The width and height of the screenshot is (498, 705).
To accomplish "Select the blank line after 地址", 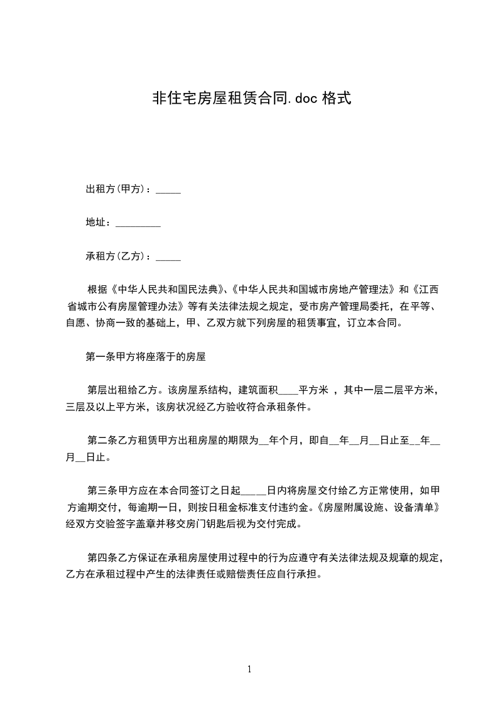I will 138,223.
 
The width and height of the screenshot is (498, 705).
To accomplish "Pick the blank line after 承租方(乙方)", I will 168,257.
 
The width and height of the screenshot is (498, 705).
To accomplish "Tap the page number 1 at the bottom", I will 249,670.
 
